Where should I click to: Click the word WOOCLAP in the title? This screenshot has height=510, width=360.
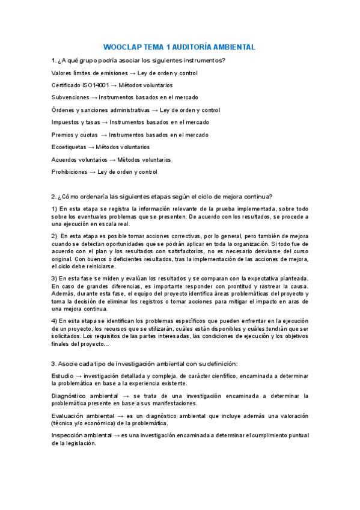(x=123, y=47)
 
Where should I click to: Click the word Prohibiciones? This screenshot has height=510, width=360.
(x=69, y=172)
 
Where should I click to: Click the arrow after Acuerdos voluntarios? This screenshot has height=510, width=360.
(x=112, y=160)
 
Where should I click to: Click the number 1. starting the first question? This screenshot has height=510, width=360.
(x=54, y=61)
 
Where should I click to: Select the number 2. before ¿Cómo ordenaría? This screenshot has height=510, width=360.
(x=54, y=197)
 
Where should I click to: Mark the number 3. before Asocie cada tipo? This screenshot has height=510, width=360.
(x=54, y=363)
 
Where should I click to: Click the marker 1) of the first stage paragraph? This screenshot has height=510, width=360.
(x=55, y=209)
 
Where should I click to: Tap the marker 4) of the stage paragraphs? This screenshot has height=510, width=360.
(x=55, y=321)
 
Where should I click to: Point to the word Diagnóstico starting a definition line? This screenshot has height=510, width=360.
(x=71, y=396)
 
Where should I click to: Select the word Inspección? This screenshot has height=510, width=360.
(x=68, y=435)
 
